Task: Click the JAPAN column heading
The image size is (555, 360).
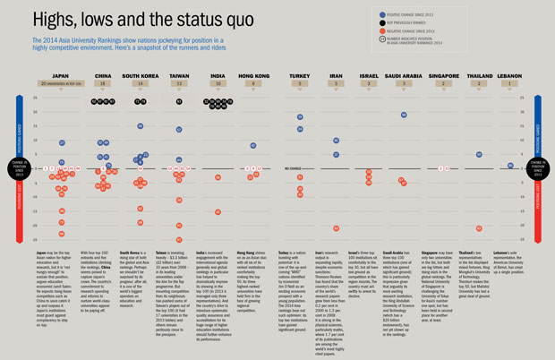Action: click(61, 76)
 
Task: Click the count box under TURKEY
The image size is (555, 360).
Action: click(300, 83)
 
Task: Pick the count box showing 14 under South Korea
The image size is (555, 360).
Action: click(141, 83)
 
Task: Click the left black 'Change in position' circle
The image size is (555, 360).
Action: click(18, 167)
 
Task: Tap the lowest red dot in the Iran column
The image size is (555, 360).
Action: click(336, 229)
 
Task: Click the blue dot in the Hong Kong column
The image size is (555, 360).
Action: click(253, 145)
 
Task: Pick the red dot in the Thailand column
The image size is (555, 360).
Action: click(480, 228)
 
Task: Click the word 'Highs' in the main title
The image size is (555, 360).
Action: click(54, 18)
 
